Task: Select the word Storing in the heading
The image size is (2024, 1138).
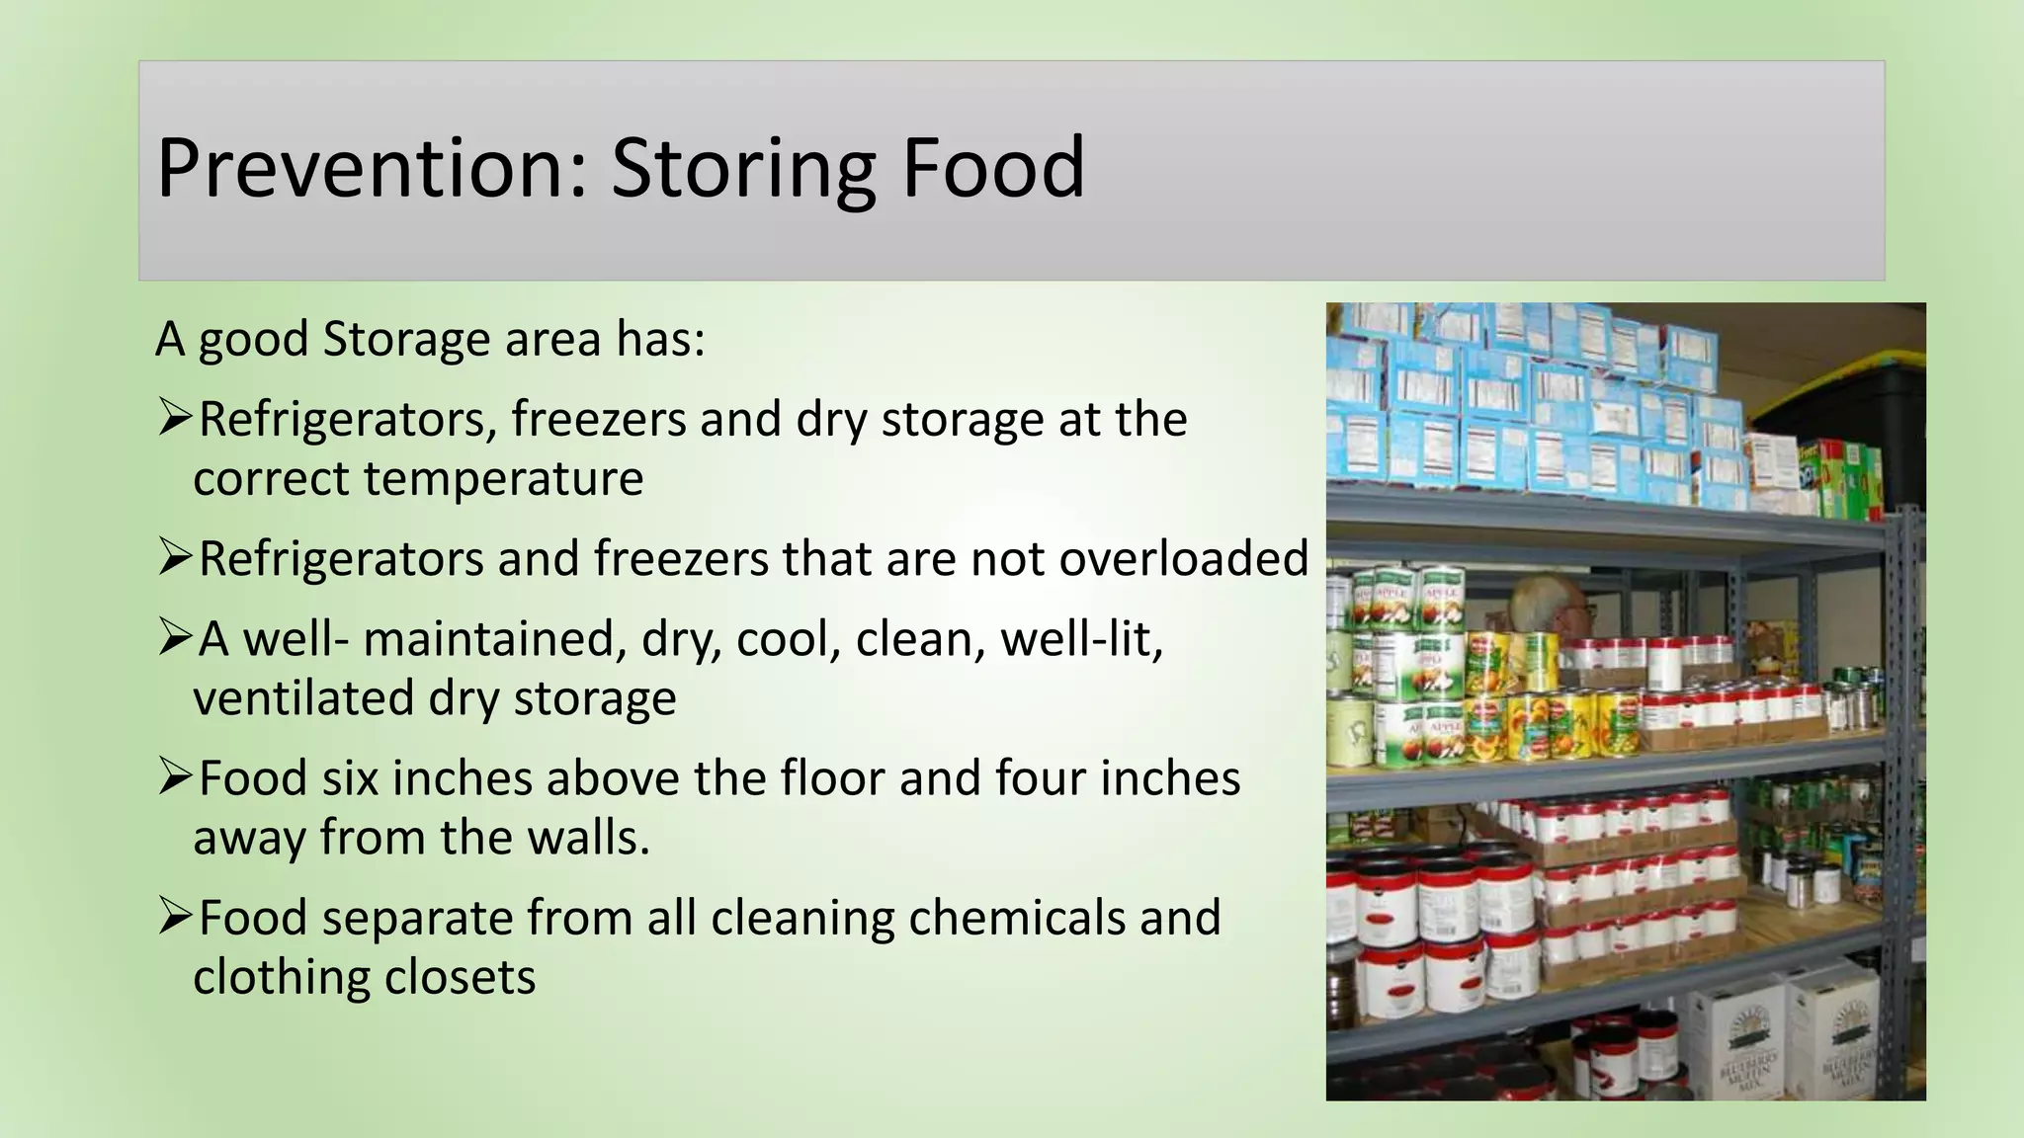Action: pos(743,168)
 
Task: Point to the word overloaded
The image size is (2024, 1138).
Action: pos(1184,559)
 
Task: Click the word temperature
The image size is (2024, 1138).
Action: pos(503,479)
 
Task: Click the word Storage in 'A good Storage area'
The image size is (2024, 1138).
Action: pos(406,339)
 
